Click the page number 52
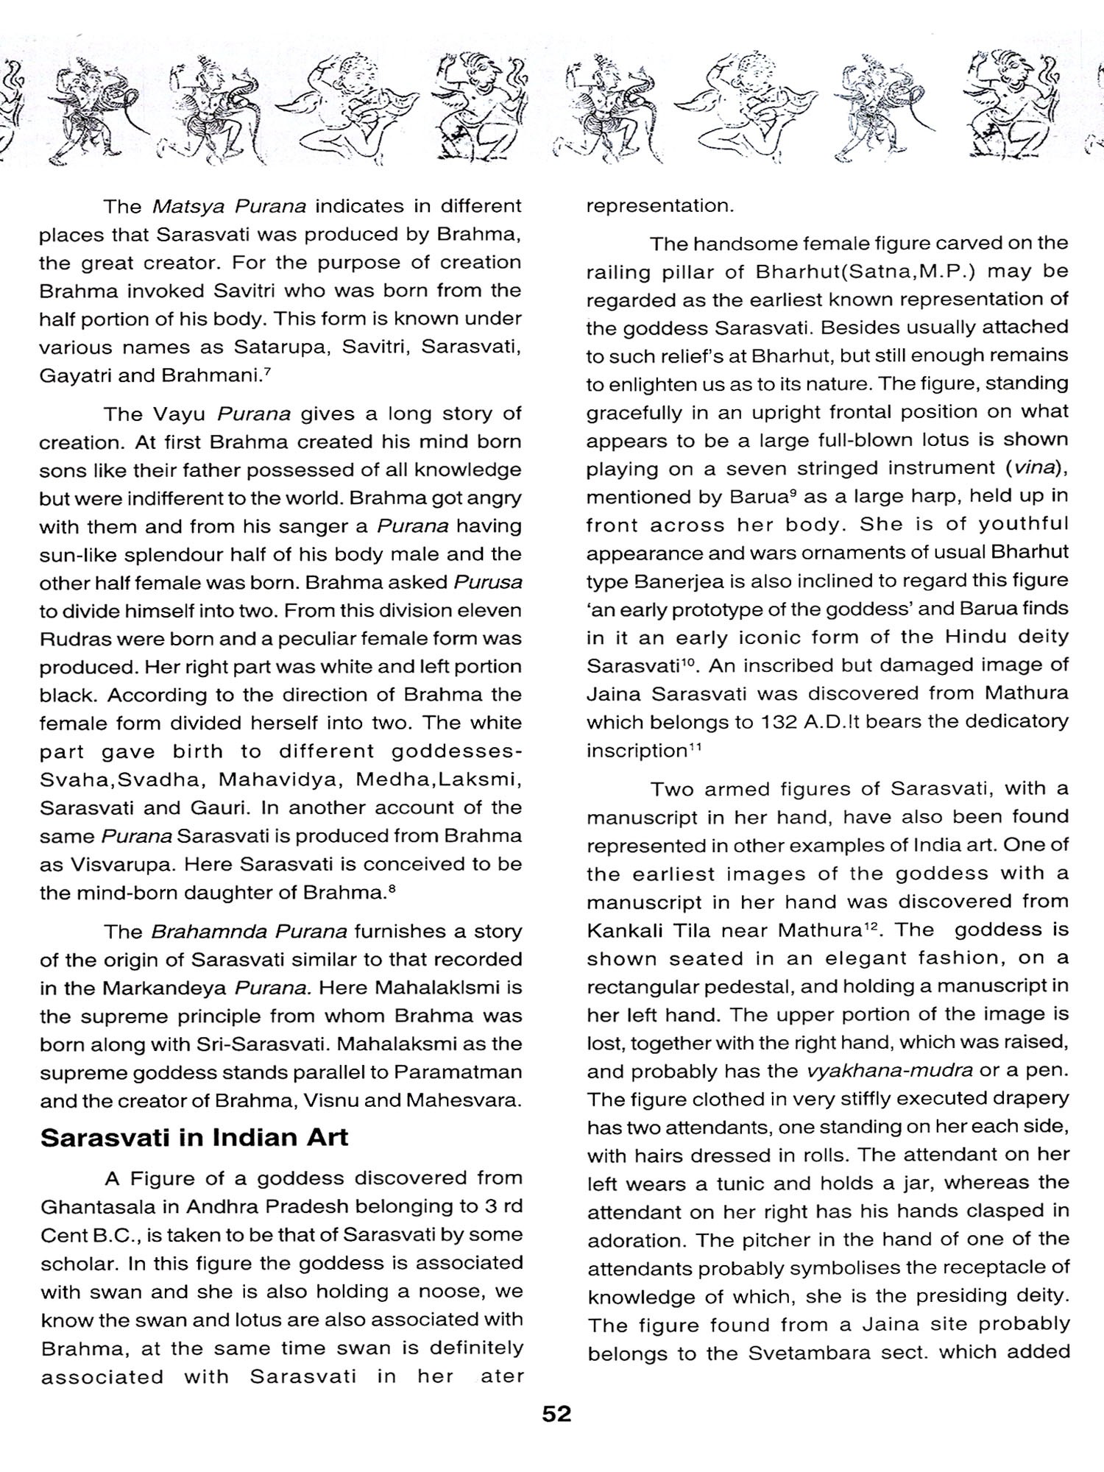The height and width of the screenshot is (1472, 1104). coord(556,1414)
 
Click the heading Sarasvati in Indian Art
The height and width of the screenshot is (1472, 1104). coord(194,1138)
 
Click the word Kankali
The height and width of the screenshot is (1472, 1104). coord(624,930)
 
